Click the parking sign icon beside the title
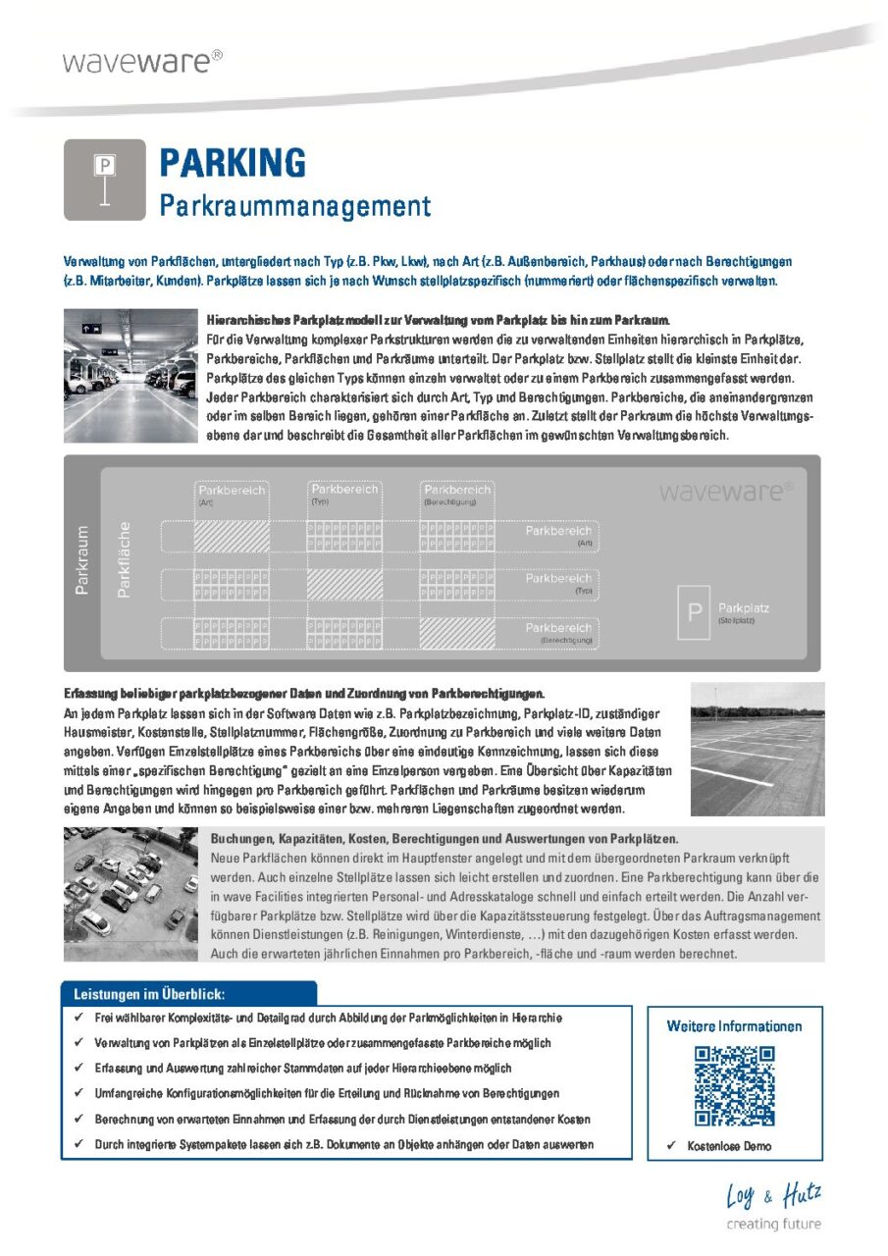click(104, 181)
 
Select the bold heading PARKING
click(233, 162)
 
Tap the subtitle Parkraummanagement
click(294, 206)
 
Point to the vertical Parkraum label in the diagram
click(83, 560)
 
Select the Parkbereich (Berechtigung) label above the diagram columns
click(456, 494)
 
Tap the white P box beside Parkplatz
click(694, 612)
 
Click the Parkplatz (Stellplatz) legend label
click(743, 612)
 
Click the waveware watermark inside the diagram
click(727, 491)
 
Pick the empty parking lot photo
click(757, 750)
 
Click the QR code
click(734, 1085)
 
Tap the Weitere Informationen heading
click(734, 1026)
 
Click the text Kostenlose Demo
click(728, 1145)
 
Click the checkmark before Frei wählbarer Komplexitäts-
click(78, 1018)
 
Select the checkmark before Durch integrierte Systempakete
click(78, 1144)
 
